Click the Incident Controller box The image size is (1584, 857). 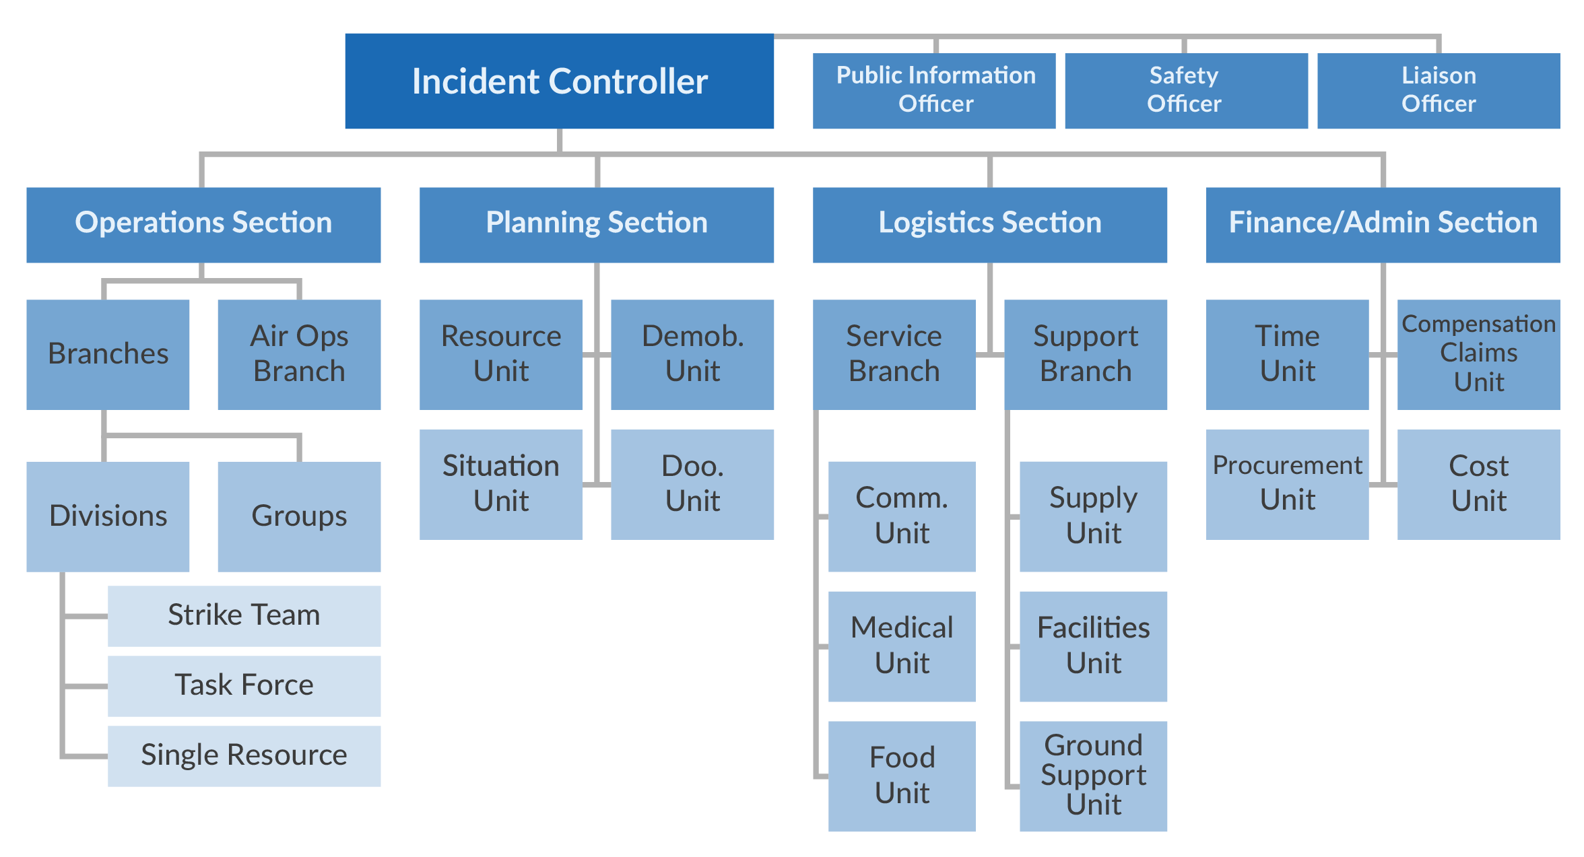[559, 81]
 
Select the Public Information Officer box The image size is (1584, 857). [934, 90]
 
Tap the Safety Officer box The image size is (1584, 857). [1185, 90]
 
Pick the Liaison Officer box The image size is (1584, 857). [1438, 90]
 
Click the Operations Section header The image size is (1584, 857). [203, 224]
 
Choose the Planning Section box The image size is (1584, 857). [597, 224]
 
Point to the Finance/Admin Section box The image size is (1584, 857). [1383, 224]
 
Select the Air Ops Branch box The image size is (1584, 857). [299, 354]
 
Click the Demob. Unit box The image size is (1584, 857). [692, 354]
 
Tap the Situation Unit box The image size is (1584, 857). [500, 484]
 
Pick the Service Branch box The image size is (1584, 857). [894, 354]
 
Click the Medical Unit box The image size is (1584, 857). [902, 646]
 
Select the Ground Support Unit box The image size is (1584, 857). [1093, 776]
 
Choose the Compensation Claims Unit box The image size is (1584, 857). [1478, 354]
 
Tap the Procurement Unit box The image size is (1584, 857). [1287, 484]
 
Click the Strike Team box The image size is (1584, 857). [244, 615]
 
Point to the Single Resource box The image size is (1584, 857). [244, 755]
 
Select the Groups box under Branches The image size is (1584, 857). [299, 516]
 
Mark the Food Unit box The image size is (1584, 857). [902, 776]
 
